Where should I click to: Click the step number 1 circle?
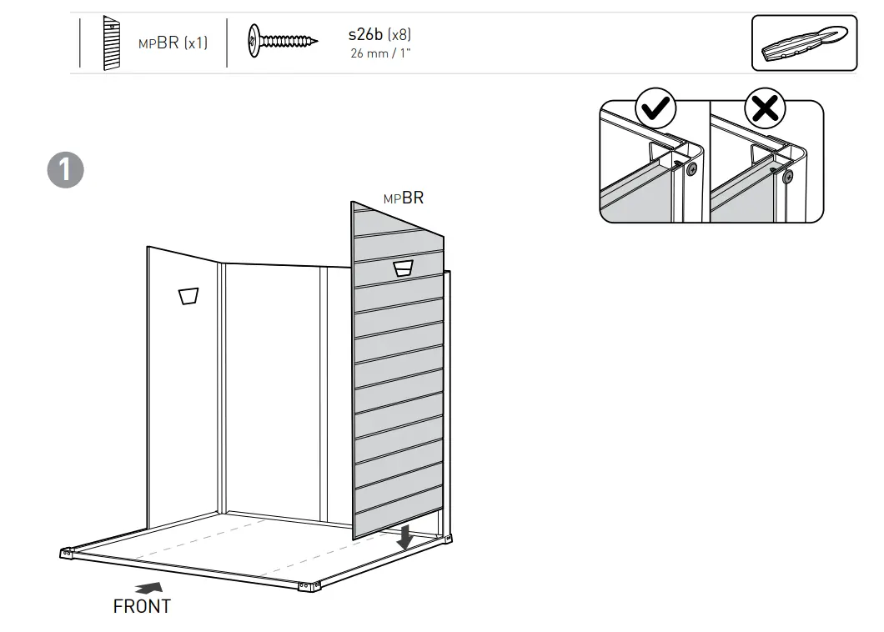click(x=65, y=170)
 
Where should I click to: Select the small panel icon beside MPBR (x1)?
click(x=110, y=43)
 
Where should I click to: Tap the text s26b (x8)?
click(x=379, y=35)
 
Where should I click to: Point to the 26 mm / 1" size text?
click(x=380, y=53)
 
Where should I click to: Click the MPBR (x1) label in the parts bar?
click(x=173, y=43)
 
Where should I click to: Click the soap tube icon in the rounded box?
click(x=803, y=43)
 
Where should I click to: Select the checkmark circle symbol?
click(x=656, y=109)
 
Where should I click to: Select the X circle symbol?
click(x=766, y=109)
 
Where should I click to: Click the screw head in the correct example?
click(x=691, y=168)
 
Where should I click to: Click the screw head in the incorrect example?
click(x=787, y=176)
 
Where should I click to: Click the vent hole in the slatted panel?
click(x=404, y=267)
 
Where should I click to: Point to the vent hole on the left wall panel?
click(x=188, y=296)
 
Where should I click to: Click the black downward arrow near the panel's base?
click(x=405, y=538)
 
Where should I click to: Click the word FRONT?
click(x=142, y=607)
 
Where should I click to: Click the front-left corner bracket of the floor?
click(x=67, y=552)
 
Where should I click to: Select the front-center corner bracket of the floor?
click(x=305, y=587)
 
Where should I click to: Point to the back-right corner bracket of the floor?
click(x=450, y=540)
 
